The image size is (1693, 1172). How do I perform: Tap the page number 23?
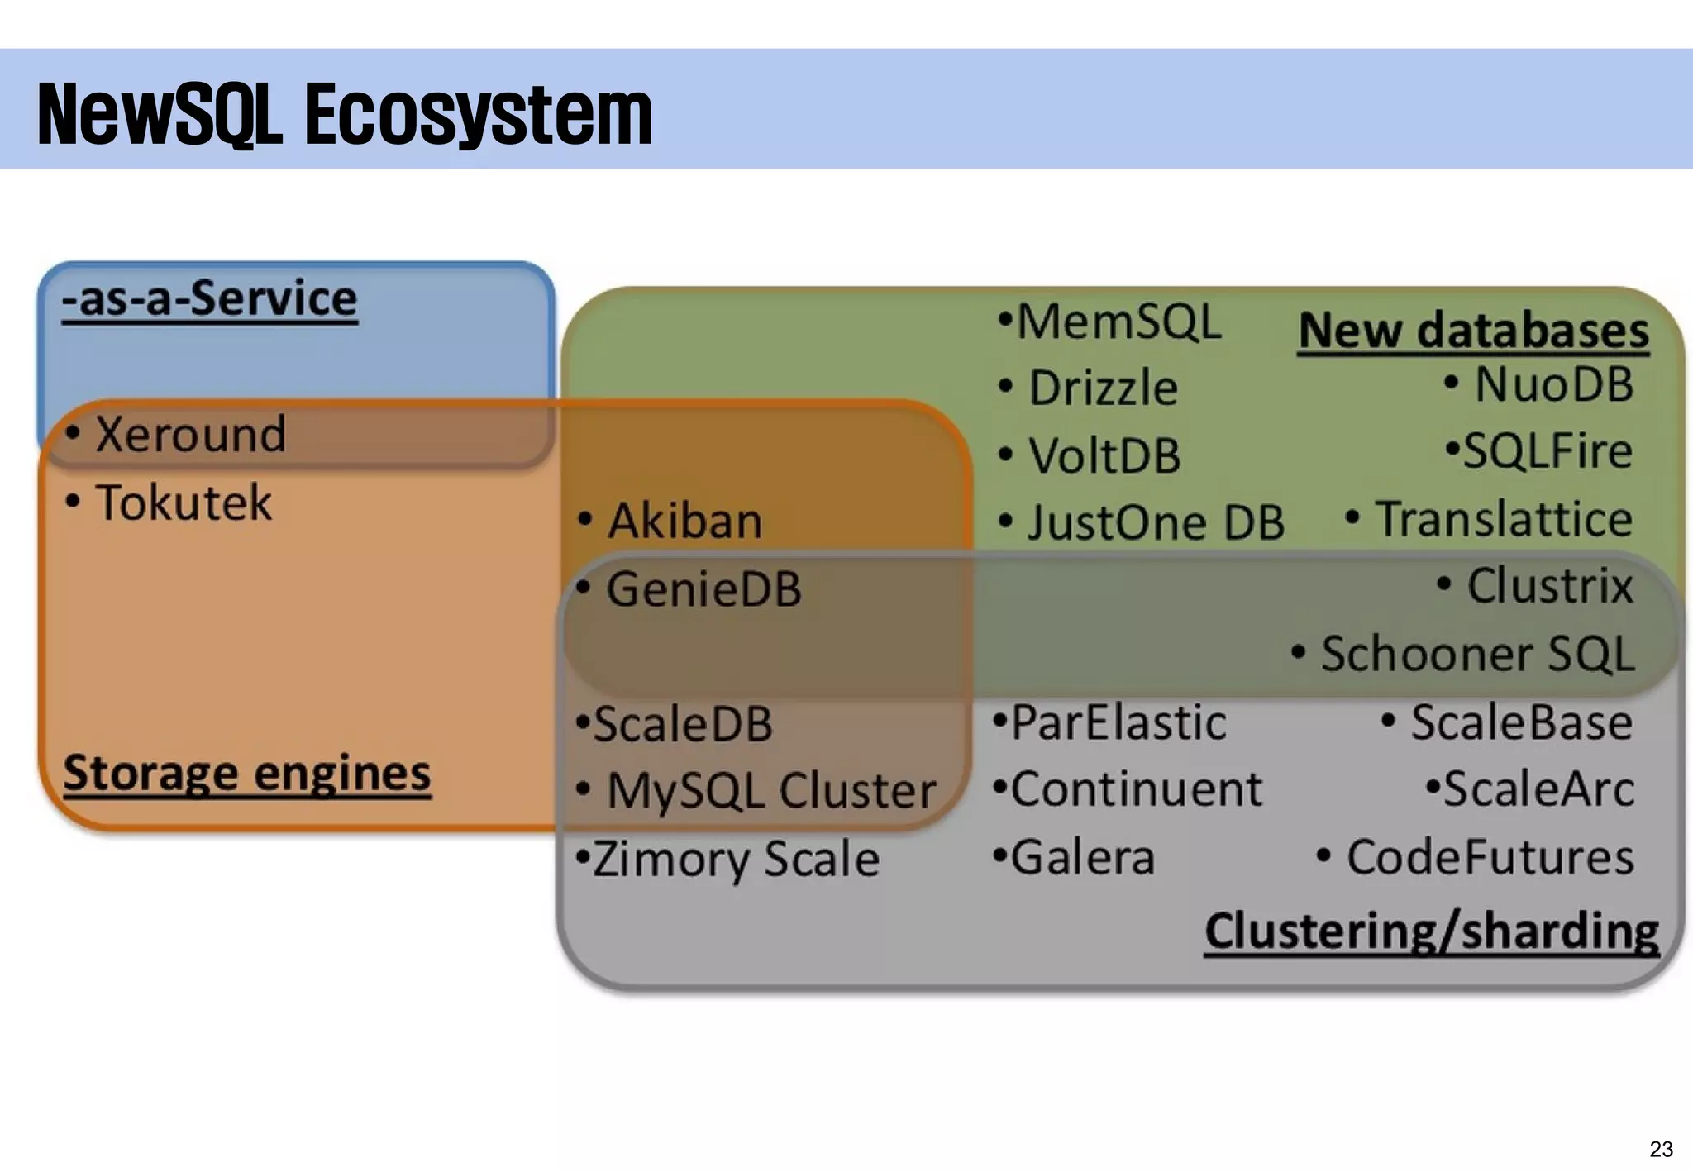click(1661, 1149)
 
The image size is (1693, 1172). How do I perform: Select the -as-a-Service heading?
click(210, 298)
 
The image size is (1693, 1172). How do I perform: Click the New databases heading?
click(1473, 331)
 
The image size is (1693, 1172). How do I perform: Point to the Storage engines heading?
click(246, 774)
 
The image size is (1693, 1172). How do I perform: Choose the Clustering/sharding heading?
click(1431, 931)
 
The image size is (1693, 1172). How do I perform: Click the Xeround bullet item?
click(190, 435)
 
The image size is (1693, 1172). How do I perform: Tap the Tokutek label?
click(184, 503)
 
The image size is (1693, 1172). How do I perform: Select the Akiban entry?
click(684, 522)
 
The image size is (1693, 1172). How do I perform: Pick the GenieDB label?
click(703, 590)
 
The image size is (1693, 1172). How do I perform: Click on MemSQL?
click(1118, 322)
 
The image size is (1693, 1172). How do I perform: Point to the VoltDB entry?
click(1104, 456)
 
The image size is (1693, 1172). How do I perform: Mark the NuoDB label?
click(1553, 385)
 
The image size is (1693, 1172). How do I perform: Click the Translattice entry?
click(1504, 519)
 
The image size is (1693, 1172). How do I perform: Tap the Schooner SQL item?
click(1476, 654)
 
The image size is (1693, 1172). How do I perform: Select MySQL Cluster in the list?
click(771, 791)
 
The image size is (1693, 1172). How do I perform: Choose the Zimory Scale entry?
click(735, 859)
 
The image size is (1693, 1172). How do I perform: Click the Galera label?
click(1082, 857)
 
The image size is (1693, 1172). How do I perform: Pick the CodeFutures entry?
click(1490, 857)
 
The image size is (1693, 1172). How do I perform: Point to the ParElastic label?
click(1118, 722)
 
